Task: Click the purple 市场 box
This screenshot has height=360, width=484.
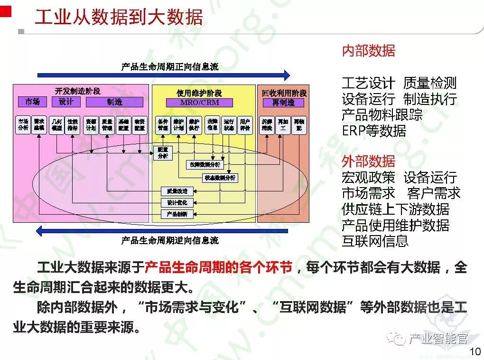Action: point(32,102)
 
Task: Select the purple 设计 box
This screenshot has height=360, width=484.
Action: point(66,102)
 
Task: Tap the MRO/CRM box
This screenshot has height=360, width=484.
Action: point(199,103)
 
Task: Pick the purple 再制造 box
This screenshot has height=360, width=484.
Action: point(283,103)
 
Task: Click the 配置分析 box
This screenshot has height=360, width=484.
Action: point(163,152)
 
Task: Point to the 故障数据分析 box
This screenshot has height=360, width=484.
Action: point(205,164)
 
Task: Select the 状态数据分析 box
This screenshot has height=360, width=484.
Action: point(220,178)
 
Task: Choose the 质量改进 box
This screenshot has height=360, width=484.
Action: point(177,191)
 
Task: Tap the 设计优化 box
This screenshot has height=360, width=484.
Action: point(177,203)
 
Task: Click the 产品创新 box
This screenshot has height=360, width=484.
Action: point(177,214)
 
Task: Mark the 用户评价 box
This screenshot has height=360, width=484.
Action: point(245,124)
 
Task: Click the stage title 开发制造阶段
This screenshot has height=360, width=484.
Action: point(78,92)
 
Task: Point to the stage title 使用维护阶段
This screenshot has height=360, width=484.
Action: point(199,93)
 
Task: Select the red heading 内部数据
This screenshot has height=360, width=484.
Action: point(368,51)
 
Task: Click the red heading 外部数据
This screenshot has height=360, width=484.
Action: point(368,161)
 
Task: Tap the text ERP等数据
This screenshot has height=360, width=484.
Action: point(374,131)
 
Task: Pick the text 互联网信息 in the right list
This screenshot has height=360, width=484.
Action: point(375,241)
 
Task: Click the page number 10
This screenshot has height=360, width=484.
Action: point(475,351)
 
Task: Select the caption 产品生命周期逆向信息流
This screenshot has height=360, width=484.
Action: point(170,240)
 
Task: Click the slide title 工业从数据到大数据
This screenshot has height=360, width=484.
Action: point(119,17)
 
